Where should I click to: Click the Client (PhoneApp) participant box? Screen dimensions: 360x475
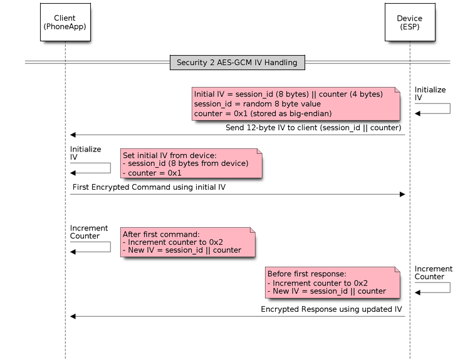tap(65, 23)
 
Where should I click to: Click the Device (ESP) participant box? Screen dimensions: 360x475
tap(410, 23)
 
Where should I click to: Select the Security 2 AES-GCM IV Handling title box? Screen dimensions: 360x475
tap(237, 63)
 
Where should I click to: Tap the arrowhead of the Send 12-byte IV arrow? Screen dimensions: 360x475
tap(73, 135)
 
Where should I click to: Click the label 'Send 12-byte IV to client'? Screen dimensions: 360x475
tap(313, 128)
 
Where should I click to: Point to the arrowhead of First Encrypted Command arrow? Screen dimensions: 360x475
tap(403, 194)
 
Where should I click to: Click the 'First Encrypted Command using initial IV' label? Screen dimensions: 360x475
tap(149, 187)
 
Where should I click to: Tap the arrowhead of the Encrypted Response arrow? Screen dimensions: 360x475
tap(73, 316)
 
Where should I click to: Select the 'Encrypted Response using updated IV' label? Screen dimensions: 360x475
tap(331, 309)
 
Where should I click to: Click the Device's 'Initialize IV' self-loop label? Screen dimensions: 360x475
tap(430, 93)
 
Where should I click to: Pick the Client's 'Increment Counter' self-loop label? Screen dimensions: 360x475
tap(88, 232)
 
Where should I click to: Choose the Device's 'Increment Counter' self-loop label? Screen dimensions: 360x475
tap(433, 272)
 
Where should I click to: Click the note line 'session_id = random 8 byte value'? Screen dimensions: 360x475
tap(258, 104)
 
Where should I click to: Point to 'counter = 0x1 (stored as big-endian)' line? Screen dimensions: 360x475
tap(263, 114)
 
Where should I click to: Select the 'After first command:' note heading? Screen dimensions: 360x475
tap(161, 234)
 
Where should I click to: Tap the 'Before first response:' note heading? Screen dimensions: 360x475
tap(306, 274)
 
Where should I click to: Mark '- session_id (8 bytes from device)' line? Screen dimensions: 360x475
tap(185, 164)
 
